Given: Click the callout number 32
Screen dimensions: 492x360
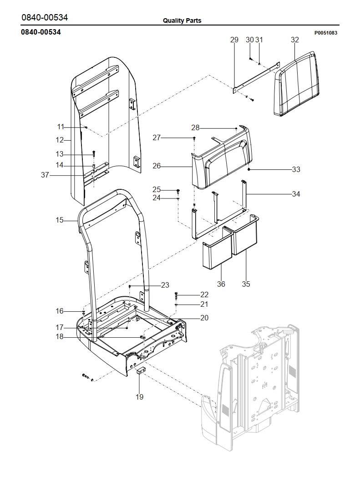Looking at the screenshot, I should point(295,40).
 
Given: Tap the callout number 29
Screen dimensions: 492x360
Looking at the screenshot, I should point(234,40).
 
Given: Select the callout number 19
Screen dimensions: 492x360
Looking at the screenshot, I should point(139,397).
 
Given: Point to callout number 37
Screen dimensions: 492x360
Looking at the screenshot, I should point(45,175).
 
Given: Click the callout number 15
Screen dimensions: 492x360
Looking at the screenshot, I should point(60,220).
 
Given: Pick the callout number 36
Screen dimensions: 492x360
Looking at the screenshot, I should point(221,284).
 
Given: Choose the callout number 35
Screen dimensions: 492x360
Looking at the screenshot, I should point(246,284).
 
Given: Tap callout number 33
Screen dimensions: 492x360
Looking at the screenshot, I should point(296,170).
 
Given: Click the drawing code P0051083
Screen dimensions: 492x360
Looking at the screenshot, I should point(325,33).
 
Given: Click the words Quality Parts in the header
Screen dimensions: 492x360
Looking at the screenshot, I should point(182,20).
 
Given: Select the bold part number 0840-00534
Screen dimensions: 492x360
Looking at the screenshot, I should point(41,32).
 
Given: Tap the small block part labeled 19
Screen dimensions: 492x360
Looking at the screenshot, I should point(141,370).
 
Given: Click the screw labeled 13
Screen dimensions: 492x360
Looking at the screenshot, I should point(94,153).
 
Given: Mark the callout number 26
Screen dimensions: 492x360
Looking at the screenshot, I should point(157,166).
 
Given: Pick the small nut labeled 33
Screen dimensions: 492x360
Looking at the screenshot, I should point(249,169).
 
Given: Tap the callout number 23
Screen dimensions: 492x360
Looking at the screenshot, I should point(165,285).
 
